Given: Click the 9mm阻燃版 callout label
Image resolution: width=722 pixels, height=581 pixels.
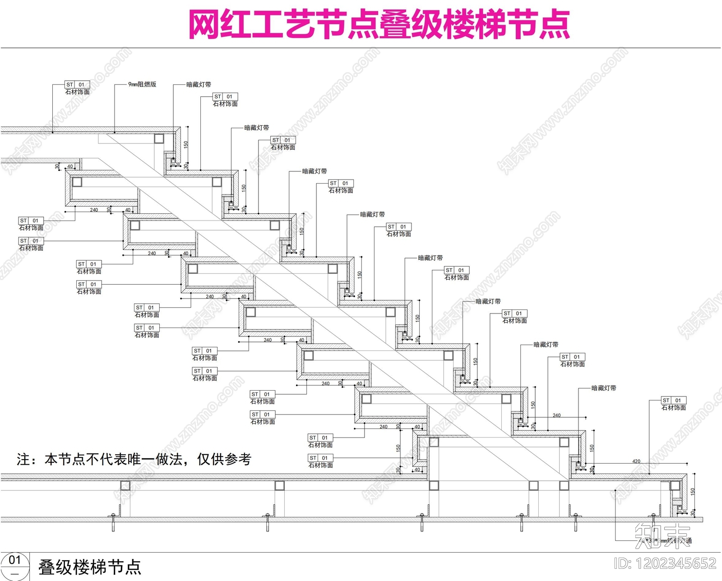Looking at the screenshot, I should click(x=142, y=84).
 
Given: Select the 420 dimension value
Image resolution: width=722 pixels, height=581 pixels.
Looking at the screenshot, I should click(x=636, y=461).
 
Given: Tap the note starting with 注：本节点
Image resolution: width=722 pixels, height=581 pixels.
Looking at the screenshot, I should click(x=134, y=459).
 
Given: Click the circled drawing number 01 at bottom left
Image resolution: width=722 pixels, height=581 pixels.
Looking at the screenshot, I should click(x=15, y=561).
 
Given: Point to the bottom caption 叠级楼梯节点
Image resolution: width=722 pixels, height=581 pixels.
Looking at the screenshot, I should click(x=90, y=567).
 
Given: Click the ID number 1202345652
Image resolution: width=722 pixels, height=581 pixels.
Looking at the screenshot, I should click(x=665, y=563).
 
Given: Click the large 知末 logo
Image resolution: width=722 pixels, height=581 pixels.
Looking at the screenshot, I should click(x=662, y=536).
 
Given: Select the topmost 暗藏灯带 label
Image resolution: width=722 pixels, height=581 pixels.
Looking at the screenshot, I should click(x=199, y=84).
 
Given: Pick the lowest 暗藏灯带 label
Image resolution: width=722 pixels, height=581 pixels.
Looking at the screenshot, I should click(x=603, y=388).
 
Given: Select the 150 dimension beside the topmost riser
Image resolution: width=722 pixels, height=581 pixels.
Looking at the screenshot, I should click(x=186, y=144).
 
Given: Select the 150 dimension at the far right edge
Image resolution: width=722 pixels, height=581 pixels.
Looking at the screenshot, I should click(x=693, y=491).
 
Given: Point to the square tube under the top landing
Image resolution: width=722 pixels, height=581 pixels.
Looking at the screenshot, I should click(x=159, y=138).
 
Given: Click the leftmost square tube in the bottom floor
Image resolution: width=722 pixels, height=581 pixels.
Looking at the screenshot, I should click(x=125, y=486).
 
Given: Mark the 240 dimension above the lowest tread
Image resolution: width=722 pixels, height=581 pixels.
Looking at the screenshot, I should click(x=556, y=415).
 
